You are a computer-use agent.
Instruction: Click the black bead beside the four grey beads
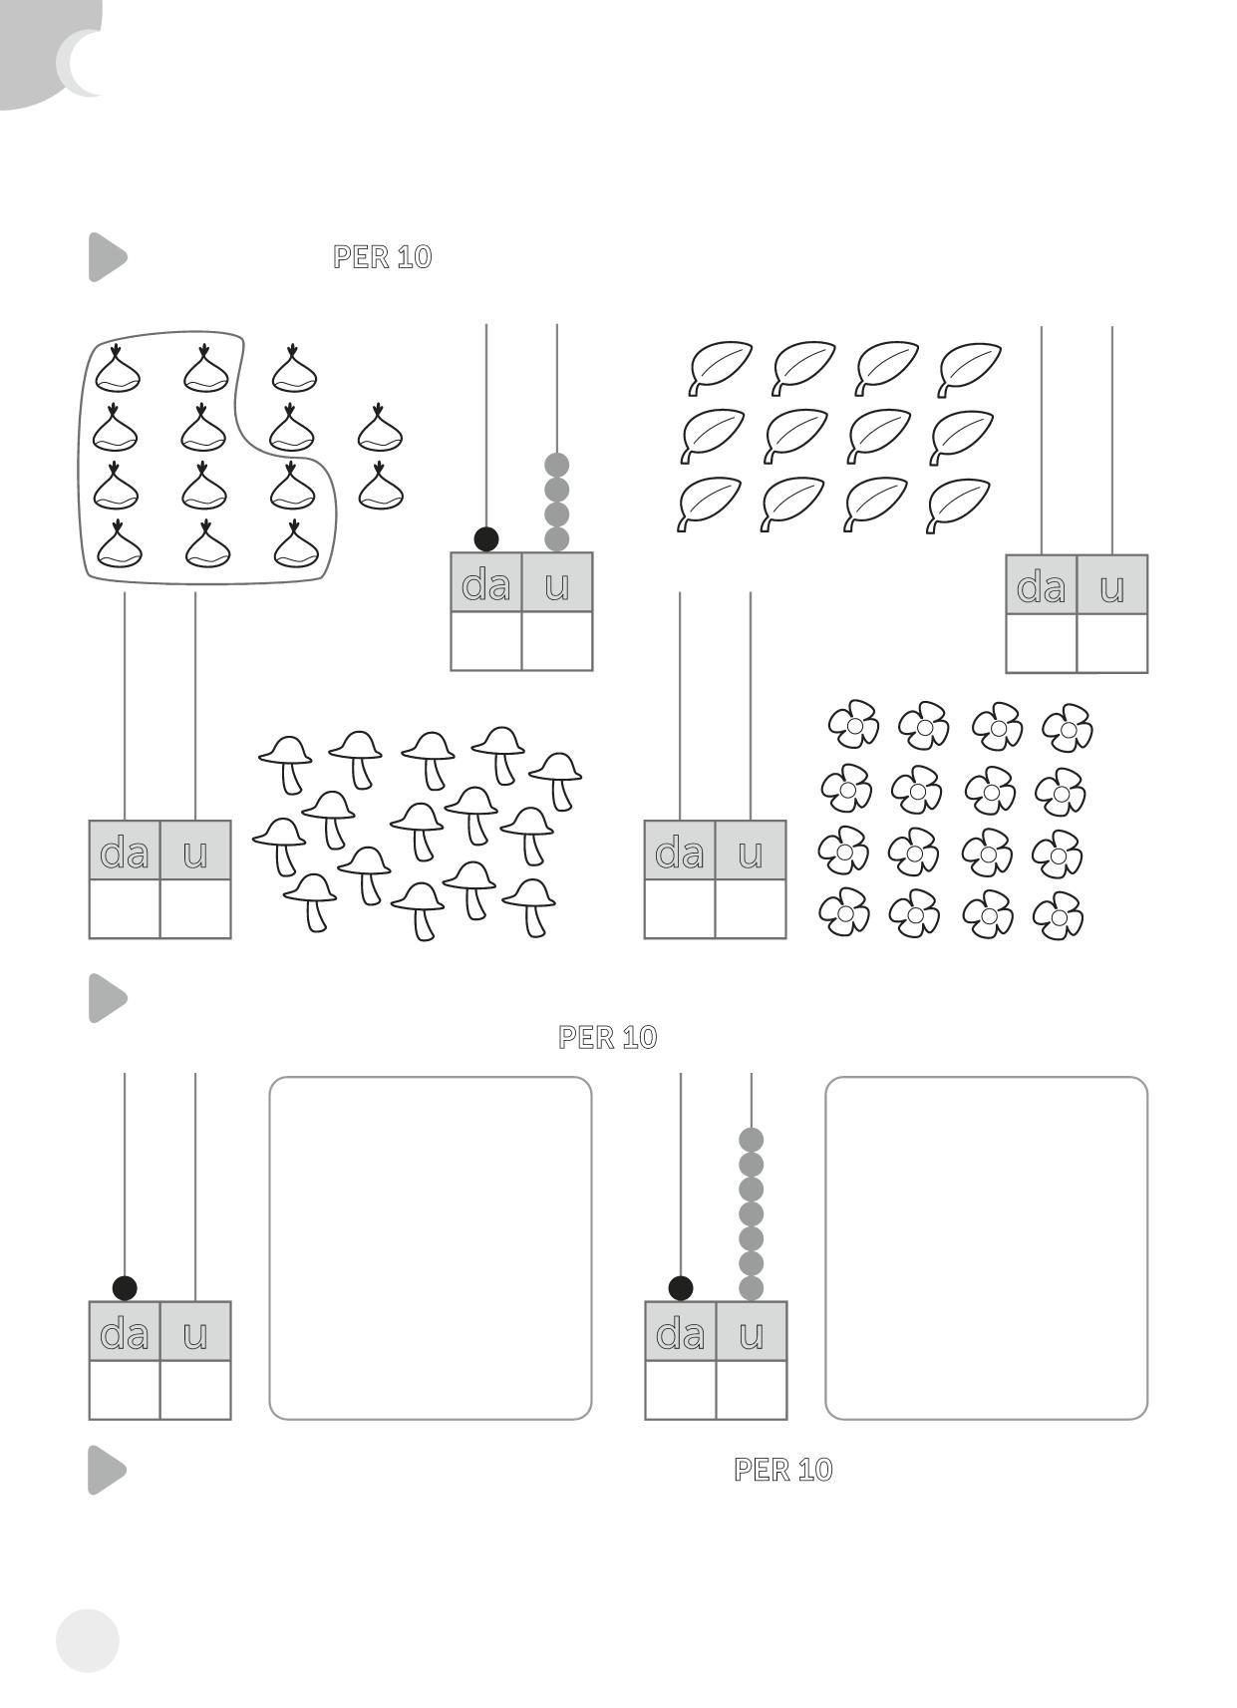pos(486,539)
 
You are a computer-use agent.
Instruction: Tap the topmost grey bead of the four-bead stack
pos(557,465)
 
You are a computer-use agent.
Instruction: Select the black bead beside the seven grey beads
pos(681,1288)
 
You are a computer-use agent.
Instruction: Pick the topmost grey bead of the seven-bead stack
pos(751,1140)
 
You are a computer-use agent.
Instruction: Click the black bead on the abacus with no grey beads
pos(125,1288)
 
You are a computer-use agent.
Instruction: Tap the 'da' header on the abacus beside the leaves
pos(1041,585)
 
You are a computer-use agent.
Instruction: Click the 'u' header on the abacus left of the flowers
pos(751,851)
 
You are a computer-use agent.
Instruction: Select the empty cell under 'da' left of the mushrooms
pos(125,909)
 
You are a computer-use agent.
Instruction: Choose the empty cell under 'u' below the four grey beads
pos(557,641)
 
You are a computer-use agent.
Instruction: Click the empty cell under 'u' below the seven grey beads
pos(752,1389)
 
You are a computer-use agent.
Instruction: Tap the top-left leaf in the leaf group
pos(720,368)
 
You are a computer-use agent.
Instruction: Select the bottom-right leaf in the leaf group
pos(959,505)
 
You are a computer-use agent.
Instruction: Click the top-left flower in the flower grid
pos(853,724)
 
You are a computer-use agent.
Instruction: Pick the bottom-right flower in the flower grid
pos(1059,915)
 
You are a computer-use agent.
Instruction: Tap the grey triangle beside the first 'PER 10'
pos(108,257)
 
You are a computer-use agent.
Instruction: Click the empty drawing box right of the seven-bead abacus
pos(986,1248)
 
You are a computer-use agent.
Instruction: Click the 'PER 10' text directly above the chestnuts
pos(383,257)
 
